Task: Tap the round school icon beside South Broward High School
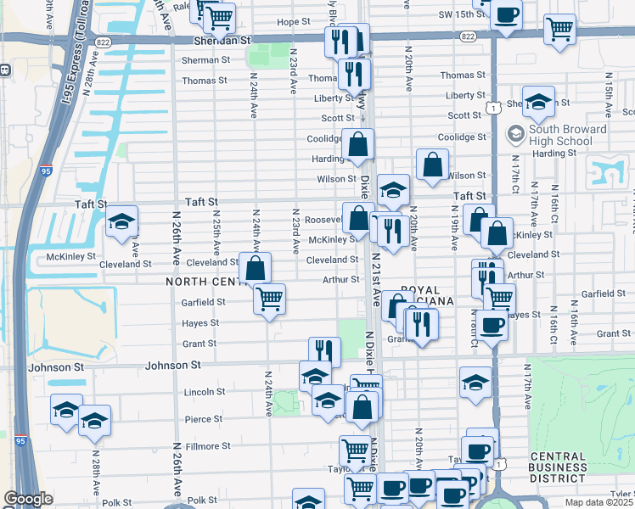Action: pos(514,134)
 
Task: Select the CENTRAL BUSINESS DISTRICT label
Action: pos(557,468)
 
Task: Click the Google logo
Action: pos(27,499)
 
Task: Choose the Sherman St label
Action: pos(202,60)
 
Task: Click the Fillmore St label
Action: pos(202,445)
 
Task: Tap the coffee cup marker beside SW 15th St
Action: pos(506,16)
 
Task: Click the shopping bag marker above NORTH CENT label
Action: pos(255,270)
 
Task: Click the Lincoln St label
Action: pos(204,392)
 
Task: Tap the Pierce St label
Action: pos(204,419)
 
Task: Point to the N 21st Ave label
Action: pos(375,293)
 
